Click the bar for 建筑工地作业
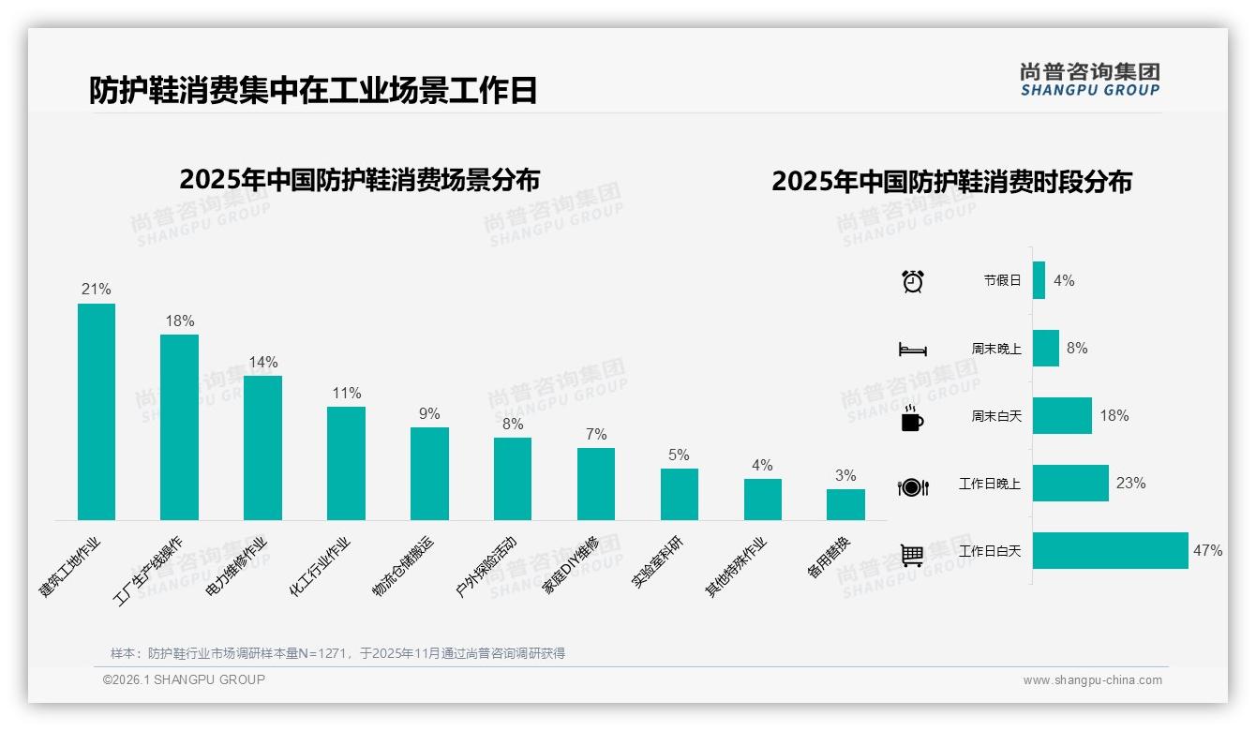(97, 411)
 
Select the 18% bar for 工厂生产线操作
(179, 427)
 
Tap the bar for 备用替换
(845, 504)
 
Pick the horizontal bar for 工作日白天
(1111, 551)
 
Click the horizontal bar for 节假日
(1039, 280)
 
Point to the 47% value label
(1207, 551)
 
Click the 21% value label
(96, 290)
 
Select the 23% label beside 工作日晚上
(1130, 484)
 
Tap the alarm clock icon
(912, 281)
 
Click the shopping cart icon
(912, 555)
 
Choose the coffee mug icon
(912, 419)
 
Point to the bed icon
(912, 350)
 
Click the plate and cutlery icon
(912, 487)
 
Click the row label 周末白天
(996, 416)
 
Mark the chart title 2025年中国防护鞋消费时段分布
(951, 182)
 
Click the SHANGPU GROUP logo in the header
(1089, 80)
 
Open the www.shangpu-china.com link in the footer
(1092, 680)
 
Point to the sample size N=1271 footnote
(337, 653)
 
